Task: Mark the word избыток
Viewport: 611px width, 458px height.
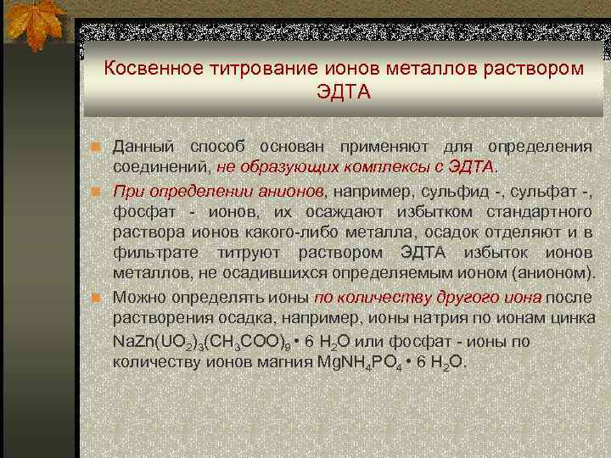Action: pyautogui.click(x=496, y=254)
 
